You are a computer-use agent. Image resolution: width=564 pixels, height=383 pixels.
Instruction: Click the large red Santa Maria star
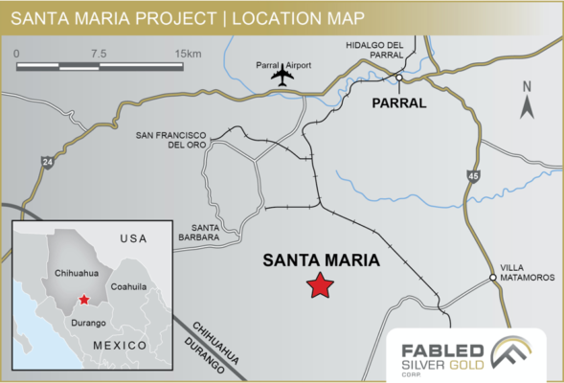(319, 285)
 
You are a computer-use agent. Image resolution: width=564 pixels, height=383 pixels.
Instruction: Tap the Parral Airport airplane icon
(282, 77)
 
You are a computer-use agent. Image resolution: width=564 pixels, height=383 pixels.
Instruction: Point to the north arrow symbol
(526, 101)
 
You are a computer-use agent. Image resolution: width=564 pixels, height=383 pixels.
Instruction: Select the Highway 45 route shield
(474, 176)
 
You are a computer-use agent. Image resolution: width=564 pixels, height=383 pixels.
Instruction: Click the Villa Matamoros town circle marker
(493, 279)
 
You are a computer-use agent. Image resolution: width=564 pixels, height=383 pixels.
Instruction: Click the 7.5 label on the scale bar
(98, 54)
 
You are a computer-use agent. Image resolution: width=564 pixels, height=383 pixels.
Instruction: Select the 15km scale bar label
(187, 54)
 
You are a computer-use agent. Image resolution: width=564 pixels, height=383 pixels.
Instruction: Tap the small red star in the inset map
(84, 300)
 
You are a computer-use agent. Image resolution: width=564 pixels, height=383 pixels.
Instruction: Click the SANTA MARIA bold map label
(321, 259)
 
